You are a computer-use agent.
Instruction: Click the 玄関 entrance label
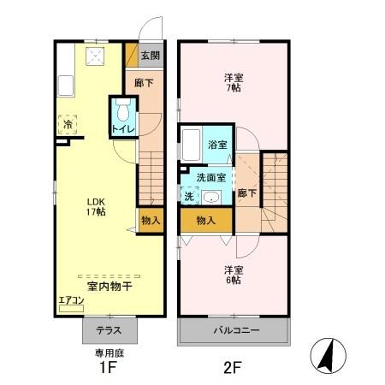click(x=150, y=56)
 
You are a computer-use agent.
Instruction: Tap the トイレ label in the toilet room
click(x=121, y=129)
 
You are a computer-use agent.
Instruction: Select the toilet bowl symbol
click(x=122, y=112)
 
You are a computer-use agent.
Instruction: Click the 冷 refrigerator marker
click(x=68, y=125)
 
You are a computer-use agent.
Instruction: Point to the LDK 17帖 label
click(x=95, y=207)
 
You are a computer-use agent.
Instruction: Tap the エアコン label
click(x=70, y=300)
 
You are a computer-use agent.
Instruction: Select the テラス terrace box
click(x=108, y=330)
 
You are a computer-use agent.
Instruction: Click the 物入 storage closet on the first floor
click(x=150, y=220)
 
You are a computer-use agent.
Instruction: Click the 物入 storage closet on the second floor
click(x=205, y=220)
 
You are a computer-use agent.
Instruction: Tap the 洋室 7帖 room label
click(x=232, y=81)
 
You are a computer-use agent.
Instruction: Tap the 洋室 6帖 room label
click(x=233, y=275)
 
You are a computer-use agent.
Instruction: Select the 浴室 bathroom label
click(x=218, y=145)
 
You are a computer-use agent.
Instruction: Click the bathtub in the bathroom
click(x=191, y=144)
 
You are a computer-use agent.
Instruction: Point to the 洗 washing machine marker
click(x=187, y=196)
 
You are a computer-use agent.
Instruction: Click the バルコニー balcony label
click(x=233, y=330)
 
